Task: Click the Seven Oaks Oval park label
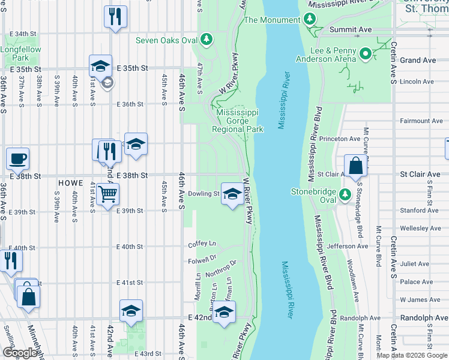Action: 166,40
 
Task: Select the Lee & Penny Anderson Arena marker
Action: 365,55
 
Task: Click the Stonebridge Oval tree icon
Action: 345,195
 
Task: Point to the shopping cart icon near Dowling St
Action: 107,194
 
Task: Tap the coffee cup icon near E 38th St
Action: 17,159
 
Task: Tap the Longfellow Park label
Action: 14,53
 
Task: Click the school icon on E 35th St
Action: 101,66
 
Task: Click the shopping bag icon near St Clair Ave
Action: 355,166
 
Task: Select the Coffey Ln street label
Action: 202,244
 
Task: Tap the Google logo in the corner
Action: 20,353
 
